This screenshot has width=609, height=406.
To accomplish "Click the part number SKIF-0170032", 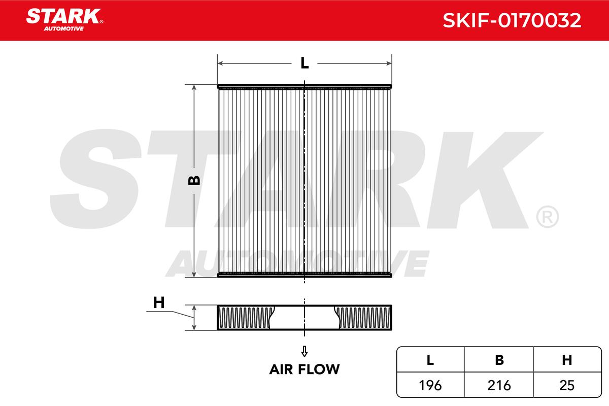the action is pyautogui.click(x=512, y=20).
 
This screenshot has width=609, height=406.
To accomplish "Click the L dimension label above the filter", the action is pyautogui.click(x=304, y=63).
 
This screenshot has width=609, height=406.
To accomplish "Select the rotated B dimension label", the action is pyautogui.click(x=194, y=180).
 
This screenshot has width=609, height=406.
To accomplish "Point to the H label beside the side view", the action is pyautogui.click(x=159, y=302).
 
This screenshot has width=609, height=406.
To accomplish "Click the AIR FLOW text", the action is pyautogui.click(x=304, y=369).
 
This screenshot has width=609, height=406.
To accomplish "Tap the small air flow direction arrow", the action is pyautogui.click(x=304, y=351).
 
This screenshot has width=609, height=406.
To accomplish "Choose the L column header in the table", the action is pyautogui.click(x=430, y=360).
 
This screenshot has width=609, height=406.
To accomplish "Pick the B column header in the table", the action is pyautogui.click(x=499, y=360).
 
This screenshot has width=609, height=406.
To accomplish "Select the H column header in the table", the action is pyautogui.click(x=567, y=360).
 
